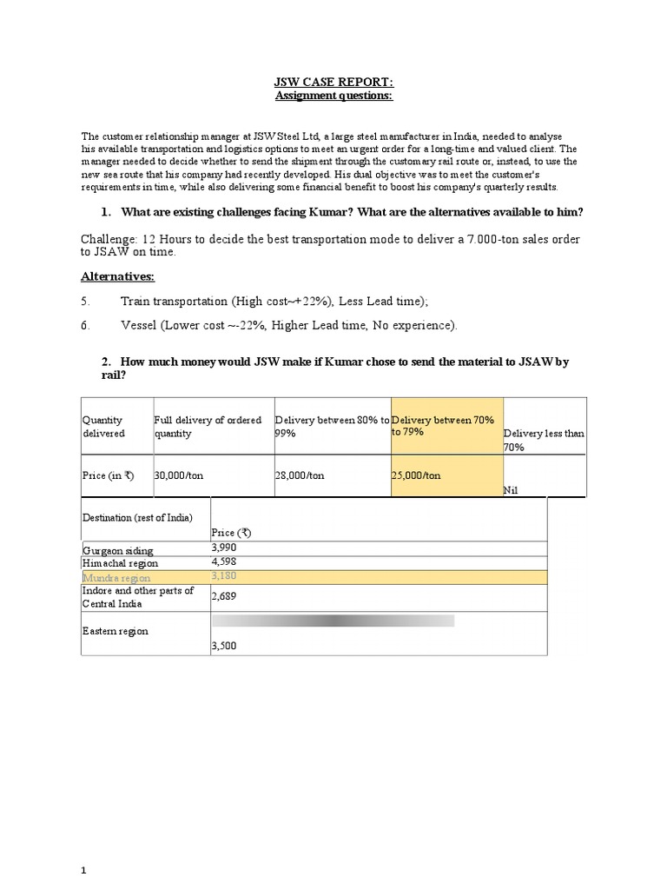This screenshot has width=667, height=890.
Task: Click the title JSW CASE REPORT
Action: pyautogui.click(x=333, y=83)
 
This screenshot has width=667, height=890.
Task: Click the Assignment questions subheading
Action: pyautogui.click(x=333, y=96)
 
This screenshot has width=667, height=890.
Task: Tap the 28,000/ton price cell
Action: pyautogui.click(x=300, y=475)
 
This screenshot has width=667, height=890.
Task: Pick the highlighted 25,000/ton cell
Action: pyautogui.click(x=416, y=475)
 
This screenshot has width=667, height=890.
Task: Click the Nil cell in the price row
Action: pyautogui.click(x=511, y=490)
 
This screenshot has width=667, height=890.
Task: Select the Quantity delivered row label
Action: pyautogui.click(x=103, y=426)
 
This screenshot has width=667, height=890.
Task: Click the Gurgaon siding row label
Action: pyautogui.click(x=116, y=550)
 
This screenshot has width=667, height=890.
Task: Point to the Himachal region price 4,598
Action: pyautogui.click(x=223, y=562)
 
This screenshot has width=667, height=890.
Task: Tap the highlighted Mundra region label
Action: pyautogui.click(x=116, y=577)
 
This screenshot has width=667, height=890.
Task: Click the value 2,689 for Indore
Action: pyautogui.click(x=223, y=596)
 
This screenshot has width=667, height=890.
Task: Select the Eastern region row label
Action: pyautogui.click(x=115, y=631)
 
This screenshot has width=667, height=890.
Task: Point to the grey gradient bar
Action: pyautogui.click(x=333, y=621)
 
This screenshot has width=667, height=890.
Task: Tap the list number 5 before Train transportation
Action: pyautogui.click(x=85, y=301)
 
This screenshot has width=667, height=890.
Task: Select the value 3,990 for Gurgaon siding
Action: pyautogui.click(x=223, y=548)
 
